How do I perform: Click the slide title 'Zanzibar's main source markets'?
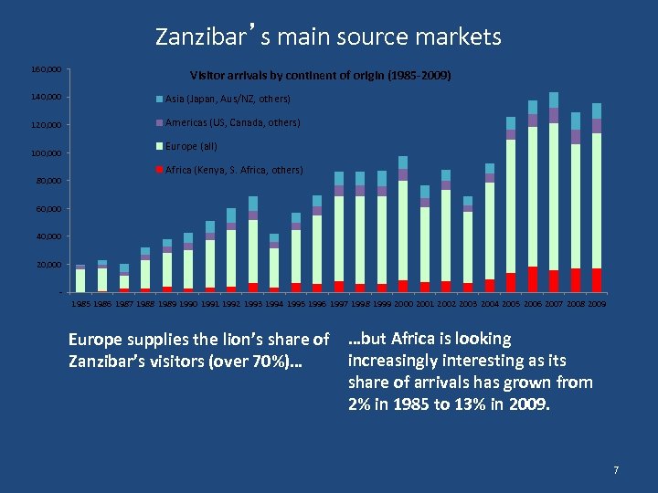[x=328, y=37]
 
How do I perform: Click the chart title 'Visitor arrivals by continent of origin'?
[x=320, y=74]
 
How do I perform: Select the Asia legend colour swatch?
[x=160, y=99]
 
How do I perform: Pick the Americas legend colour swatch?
[x=160, y=122]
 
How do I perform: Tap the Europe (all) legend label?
[x=191, y=146]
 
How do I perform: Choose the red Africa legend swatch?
[x=160, y=170]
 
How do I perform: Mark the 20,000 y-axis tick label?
[x=49, y=265]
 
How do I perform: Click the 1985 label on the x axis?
[x=80, y=303]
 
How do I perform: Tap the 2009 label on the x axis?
[x=597, y=303]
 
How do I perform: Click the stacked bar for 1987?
[x=123, y=278]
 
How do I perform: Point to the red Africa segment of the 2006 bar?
[x=533, y=279]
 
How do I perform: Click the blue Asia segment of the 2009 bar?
[x=597, y=110]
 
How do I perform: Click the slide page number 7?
[x=616, y=470]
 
